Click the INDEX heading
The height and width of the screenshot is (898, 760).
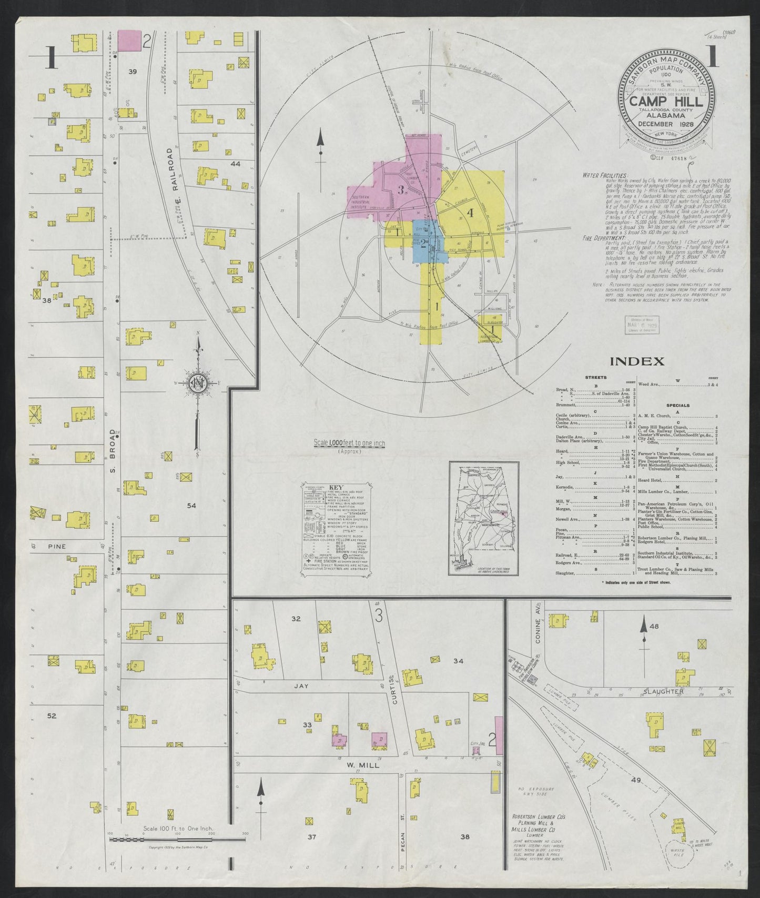tap(636, 361)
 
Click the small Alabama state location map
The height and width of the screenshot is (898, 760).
tap(483, 519)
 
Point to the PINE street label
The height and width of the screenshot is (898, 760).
tap(56, 547)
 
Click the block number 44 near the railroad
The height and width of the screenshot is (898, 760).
tap(235, 164)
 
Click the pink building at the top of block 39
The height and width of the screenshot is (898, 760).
tap(129, 41)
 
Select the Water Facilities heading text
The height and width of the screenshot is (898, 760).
tap(605, 175)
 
